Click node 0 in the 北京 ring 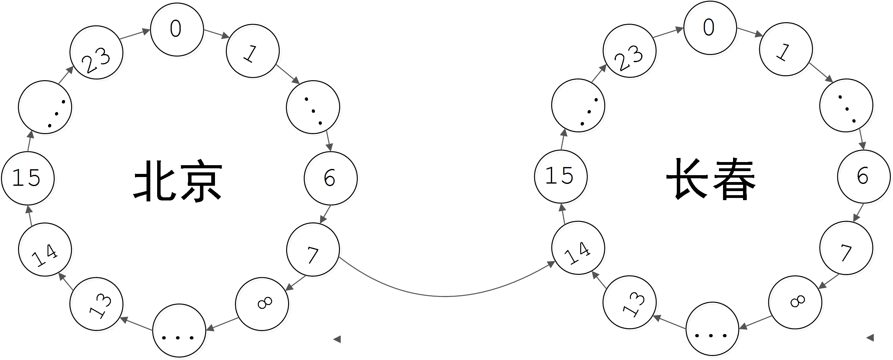click(x=177, y=29)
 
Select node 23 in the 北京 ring click(x=96, y=52)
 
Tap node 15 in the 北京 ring click(x=28, y=178)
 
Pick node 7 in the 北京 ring click(x=313, y=249)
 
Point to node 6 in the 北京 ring click(x=331, y=178)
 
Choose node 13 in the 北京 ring click(x=96, y=304)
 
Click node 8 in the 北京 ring click(x=262, y=304)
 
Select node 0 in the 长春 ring click(x=710, y=28)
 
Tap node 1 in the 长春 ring click(x=786, y=49)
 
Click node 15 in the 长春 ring click(x=561, y=176)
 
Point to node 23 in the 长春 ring click(x=630, y=51)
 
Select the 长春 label click(x=711, y=180)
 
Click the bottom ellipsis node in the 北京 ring click(x=179, y=331)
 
